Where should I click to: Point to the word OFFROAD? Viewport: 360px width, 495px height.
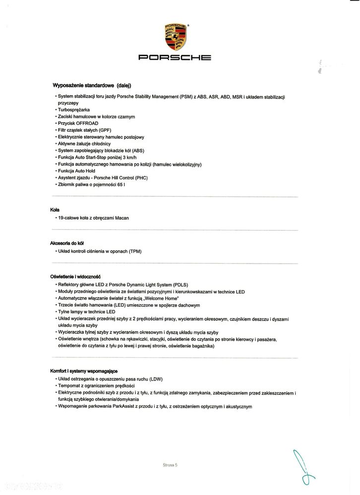pos(88,123)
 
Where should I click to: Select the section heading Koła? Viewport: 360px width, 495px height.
pos(55,210)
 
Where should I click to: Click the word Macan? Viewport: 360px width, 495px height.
pos(122,218)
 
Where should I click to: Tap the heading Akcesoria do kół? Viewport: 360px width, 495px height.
pos(67,243)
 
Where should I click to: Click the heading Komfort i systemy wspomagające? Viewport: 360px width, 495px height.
pos(84,371)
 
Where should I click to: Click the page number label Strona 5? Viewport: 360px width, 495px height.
pos(170,465)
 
